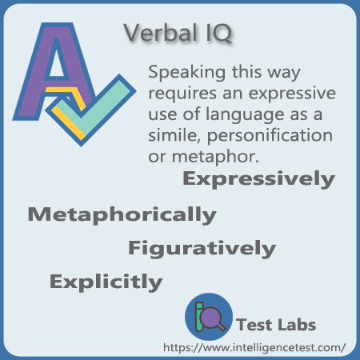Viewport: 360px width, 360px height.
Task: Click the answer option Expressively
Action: (x=258, y=179)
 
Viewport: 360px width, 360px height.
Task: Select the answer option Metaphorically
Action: (x=122, y=215)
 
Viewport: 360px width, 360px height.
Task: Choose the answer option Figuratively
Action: (x=202, y=249)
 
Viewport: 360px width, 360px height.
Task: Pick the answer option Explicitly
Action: (x=106, y=282)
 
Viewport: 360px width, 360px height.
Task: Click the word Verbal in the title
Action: (x=161, y=33)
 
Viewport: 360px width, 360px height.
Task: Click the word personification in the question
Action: (x=270, y=136)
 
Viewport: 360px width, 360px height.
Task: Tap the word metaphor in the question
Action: (x=215, y=157)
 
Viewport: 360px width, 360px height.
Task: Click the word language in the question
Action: (x=245, y=115)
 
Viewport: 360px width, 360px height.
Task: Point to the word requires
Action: (x=182, y=94)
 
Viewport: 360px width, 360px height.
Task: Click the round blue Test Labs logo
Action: (x=209, y=317)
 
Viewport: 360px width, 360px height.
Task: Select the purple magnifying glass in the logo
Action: (x=212, y=318)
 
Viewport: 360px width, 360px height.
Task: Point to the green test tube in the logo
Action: (x=199, y=317)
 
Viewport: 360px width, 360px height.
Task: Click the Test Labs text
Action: (x=276, y=325)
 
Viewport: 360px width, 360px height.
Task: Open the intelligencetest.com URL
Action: (x=254, y=348)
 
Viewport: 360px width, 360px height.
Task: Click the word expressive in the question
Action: (x=292, y=94)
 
